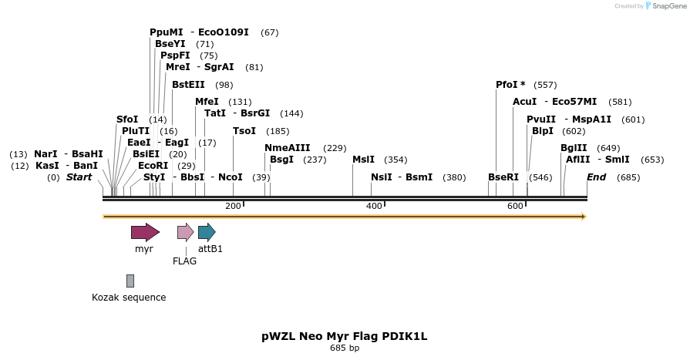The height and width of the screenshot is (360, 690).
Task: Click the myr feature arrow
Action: coord(145,232)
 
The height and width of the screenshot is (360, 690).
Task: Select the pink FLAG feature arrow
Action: coord(185,232)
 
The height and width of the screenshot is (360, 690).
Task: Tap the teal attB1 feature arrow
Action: coord(207,232)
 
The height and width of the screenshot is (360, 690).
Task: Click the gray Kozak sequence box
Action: coord(130,281)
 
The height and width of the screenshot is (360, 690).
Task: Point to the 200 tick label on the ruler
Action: coord(233,206)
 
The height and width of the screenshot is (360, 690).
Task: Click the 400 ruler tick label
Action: coord(374,206)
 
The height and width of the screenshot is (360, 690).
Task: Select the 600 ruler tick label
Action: coord(515,206)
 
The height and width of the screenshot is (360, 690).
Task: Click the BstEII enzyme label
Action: coord(188,85)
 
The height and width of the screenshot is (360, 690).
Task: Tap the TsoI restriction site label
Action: coord(244,131)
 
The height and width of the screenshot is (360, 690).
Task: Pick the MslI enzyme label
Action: coord(363,160)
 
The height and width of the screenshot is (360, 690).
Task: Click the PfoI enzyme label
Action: coord(510,85)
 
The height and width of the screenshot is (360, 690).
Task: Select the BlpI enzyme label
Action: coord(543,131)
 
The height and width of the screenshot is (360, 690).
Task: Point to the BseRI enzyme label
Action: coord(503,177)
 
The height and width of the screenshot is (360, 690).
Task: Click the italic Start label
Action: coord(79,177)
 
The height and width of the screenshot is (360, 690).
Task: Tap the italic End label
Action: coord(596,177)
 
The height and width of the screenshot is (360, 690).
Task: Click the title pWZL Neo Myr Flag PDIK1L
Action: coord(344,336)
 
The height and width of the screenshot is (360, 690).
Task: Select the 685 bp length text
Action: coord(344,348)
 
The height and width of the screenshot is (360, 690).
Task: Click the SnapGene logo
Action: coord(665,6)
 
